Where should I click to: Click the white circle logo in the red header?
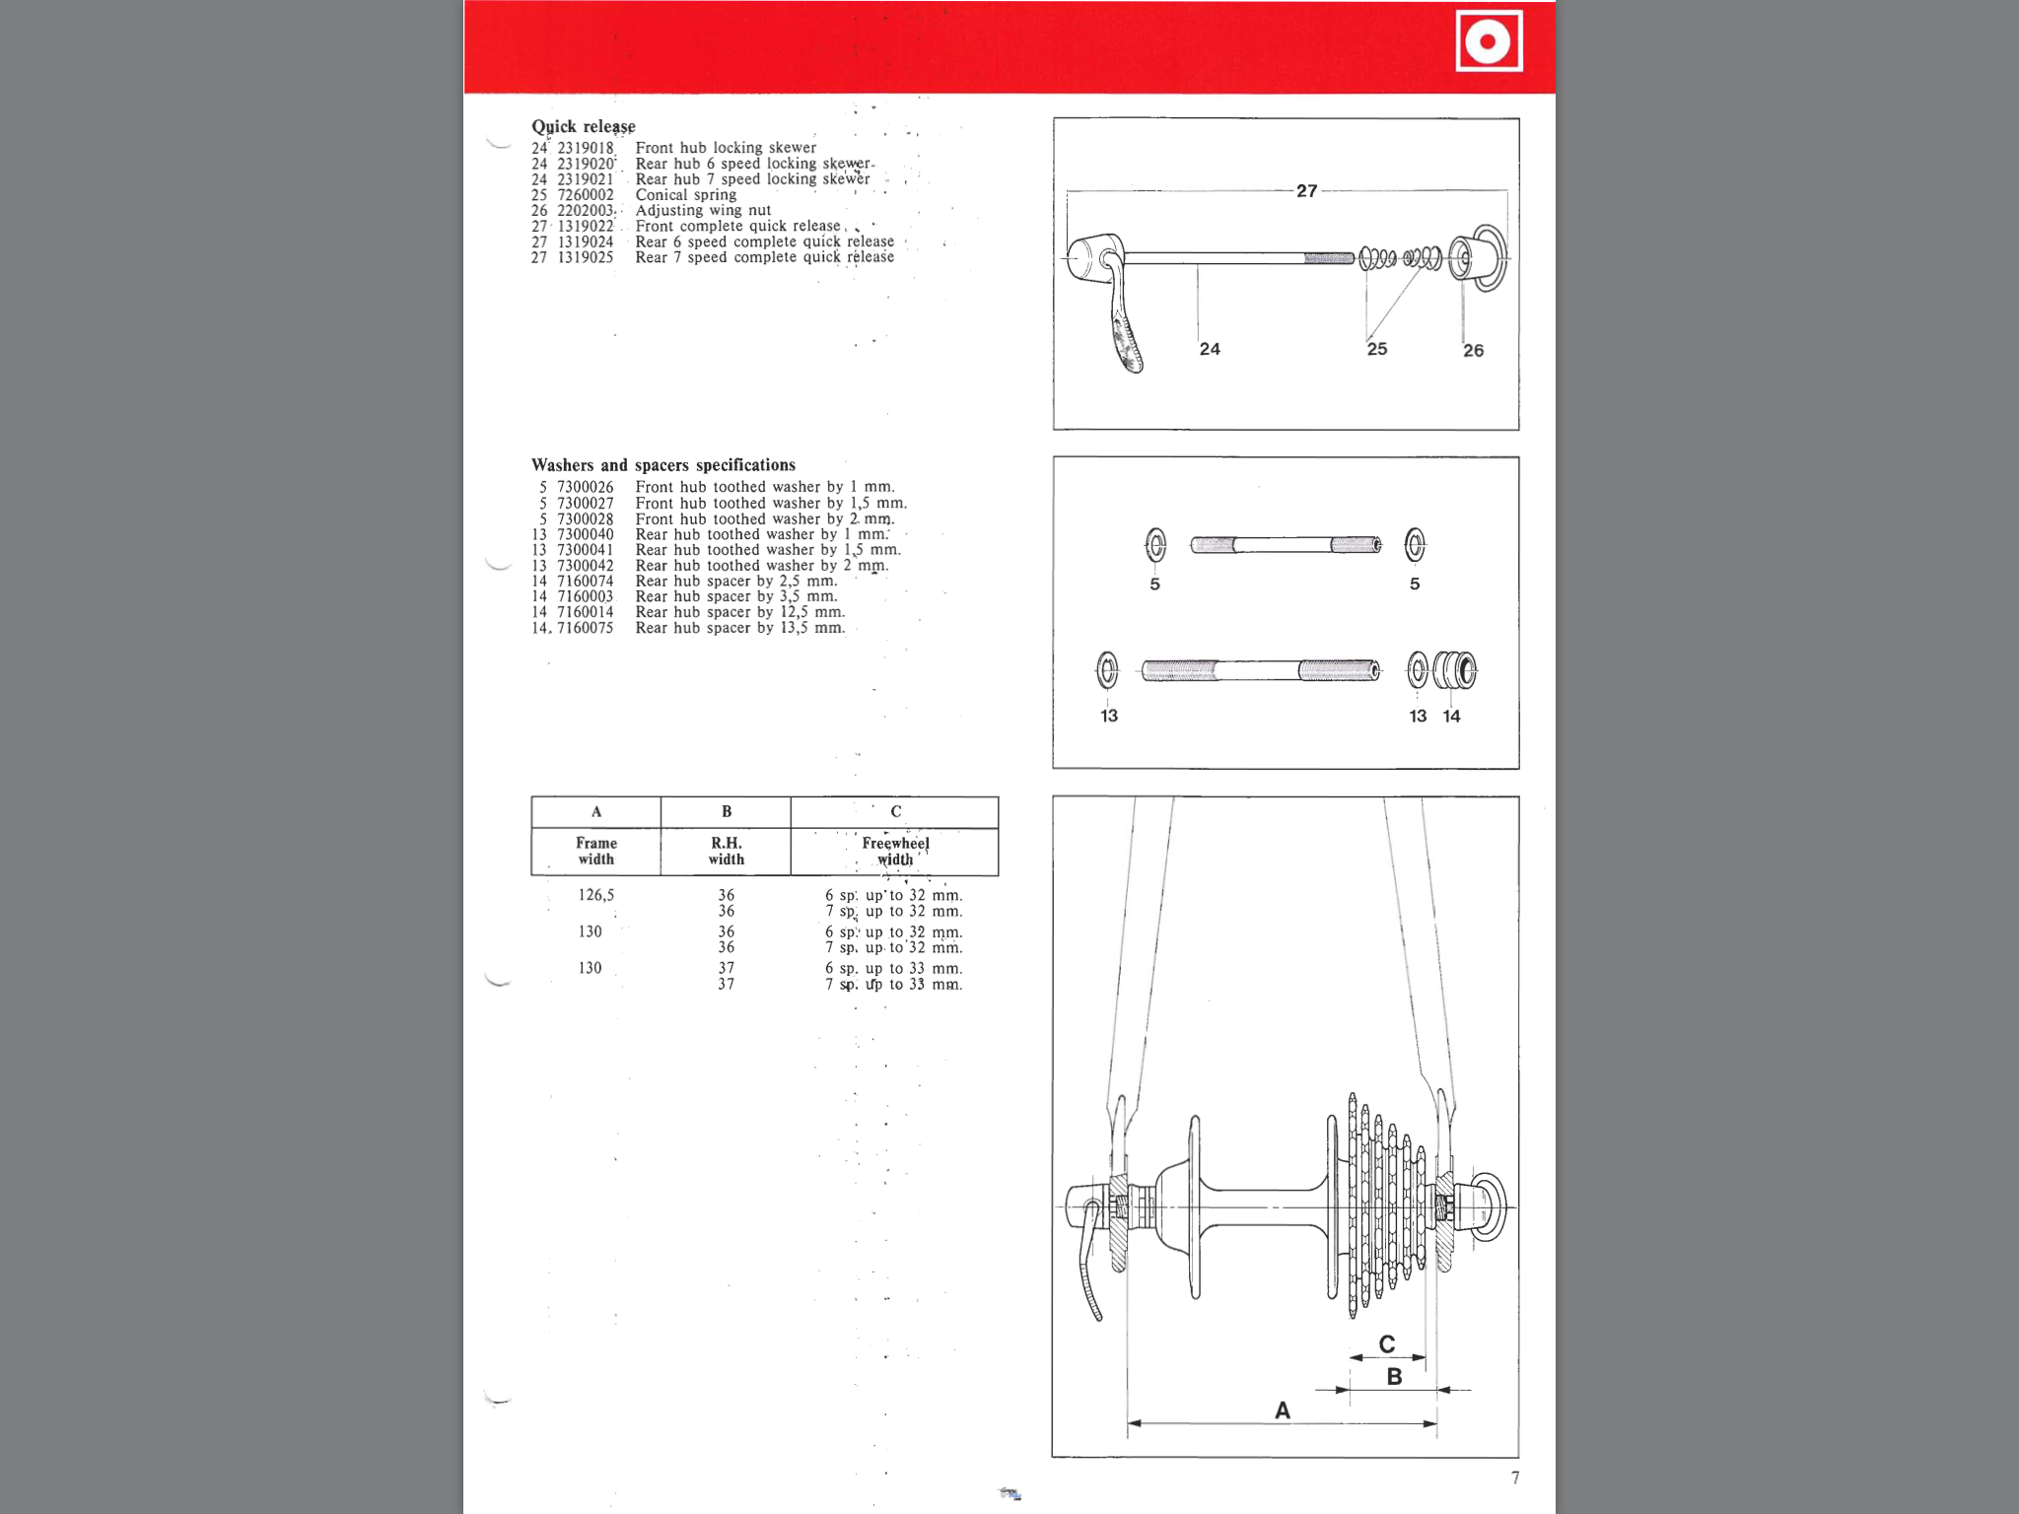(x=1489, y=41)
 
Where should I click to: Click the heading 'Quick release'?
(x=583, y=126)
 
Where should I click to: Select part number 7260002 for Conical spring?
(x=585, y=195)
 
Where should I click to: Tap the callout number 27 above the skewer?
(x=1306, y=190)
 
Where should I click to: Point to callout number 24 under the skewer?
(x=1210, y=349)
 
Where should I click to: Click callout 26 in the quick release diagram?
(x=1473, y=350)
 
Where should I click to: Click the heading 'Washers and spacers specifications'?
(x=662, y=465)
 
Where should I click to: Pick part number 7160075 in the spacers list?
(x=585, y=628)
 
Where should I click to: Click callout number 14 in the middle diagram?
(x=1451, y=717)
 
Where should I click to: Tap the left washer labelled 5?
(x=1155, y=544)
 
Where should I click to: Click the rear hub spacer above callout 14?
(x=1455, y=671)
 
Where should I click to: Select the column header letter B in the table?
(x=726, y=811)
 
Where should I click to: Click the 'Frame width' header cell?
(x=595, y=851)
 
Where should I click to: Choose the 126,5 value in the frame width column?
(x=595, y=895)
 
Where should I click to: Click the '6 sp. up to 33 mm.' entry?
(x=893, y=968)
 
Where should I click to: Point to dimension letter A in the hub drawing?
(x=1282, y=1411)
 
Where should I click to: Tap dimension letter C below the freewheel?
(x=1386, y=1343)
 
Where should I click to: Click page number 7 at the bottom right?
(x=1514, y=1478)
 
